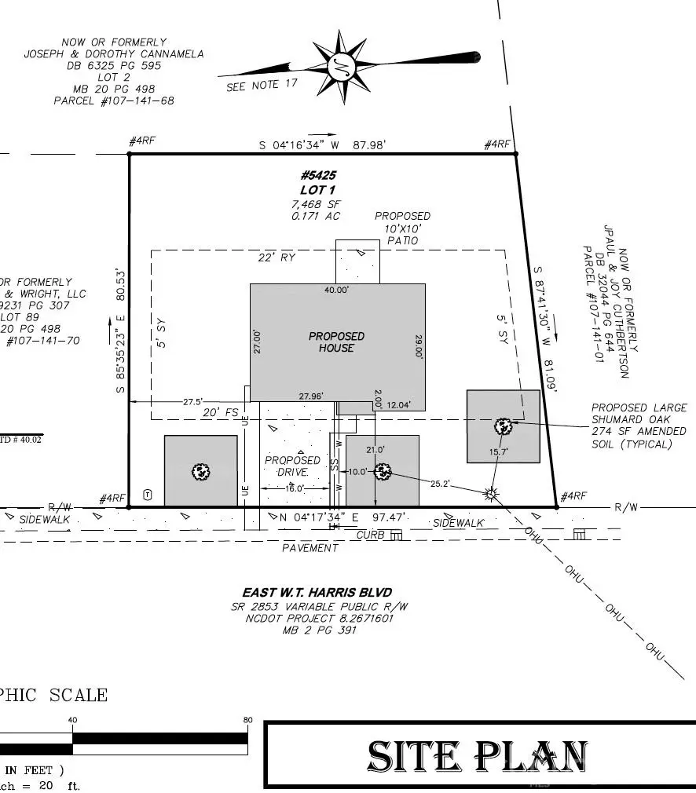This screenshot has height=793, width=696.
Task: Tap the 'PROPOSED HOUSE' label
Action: (336, 342)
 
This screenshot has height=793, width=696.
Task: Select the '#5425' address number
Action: (318, 176)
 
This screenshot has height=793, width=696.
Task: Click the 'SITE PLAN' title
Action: (478, 756)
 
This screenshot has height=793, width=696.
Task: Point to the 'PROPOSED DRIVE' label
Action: (292, 466)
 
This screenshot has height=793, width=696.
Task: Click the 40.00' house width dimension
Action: (337, 291)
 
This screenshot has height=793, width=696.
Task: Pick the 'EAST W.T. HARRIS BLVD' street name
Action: (317, 592)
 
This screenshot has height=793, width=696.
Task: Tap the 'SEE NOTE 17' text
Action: (262, 86)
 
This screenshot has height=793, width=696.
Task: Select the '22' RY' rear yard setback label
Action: (277, 258)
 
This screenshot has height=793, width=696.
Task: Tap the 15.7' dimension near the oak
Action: (498, 452)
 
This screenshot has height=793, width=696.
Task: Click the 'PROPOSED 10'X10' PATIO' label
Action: (402, 228)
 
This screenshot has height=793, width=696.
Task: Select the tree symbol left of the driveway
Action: (201, 472)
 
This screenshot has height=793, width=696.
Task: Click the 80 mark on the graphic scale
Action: (248, 720)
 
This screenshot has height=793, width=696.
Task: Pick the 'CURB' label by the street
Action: (371, 535)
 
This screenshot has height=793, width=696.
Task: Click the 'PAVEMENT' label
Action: (310, 547)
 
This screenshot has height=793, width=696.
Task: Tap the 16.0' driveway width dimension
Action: (295, 488)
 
